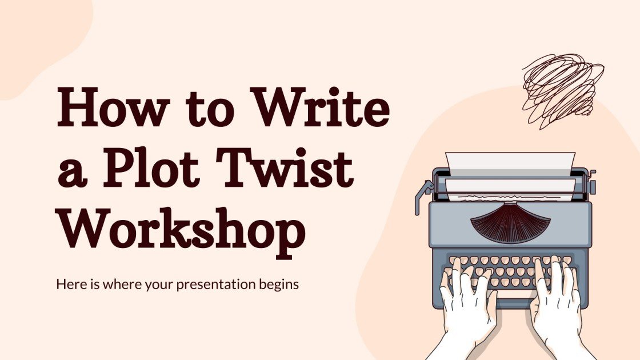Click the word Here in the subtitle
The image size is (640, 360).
(x=68, y=284)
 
